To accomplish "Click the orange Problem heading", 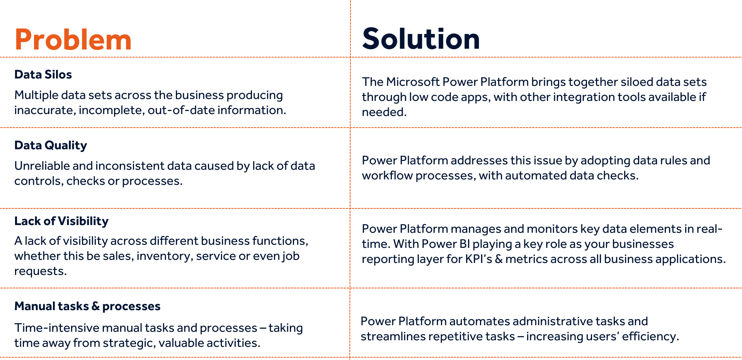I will pos(73,40).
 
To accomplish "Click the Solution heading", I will pos(421,39).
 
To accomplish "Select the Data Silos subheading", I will pos(43,74).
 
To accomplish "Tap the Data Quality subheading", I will pos(51,145).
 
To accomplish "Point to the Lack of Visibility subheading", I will pos(61,221).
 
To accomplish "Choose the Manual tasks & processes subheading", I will pos(87,306).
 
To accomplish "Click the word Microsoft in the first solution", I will pos(412,82).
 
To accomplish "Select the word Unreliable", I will pos(42,166).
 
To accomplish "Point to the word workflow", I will pos(387,176).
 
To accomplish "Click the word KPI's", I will pos(478,259).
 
